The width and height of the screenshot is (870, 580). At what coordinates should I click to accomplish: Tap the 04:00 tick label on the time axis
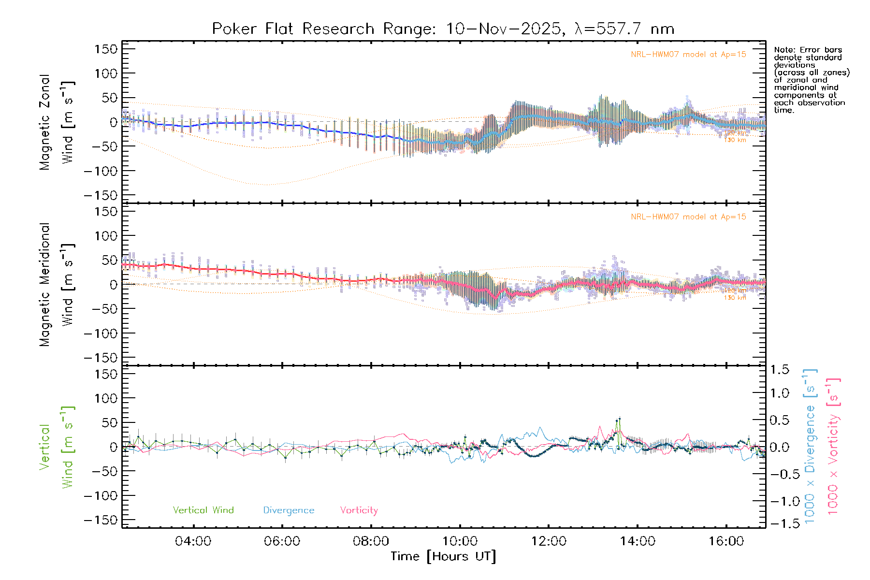point(193,541)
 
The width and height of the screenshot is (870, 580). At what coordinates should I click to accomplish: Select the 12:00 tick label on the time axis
point(549,541)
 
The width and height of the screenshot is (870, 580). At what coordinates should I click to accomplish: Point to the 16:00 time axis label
point(726,541)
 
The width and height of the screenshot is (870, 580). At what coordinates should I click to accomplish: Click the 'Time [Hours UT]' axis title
point(443,557)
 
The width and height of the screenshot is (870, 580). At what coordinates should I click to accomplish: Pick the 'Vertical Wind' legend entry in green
point(203,510)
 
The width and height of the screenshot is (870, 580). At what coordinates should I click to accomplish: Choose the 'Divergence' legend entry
point(289,510)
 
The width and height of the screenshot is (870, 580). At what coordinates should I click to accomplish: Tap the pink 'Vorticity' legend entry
point(359,510)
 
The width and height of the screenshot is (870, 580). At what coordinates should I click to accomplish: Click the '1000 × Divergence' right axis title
point(810,447)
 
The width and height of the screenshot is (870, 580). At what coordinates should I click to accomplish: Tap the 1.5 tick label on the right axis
point(779,370)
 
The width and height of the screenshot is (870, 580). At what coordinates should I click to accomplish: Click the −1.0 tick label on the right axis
point(779,501)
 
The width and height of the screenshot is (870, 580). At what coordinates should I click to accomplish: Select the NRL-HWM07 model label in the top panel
point(688,55)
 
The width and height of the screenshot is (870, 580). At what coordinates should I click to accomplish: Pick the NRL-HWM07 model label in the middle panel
point(688,217)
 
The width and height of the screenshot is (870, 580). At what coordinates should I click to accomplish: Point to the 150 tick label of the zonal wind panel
point(106,49)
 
